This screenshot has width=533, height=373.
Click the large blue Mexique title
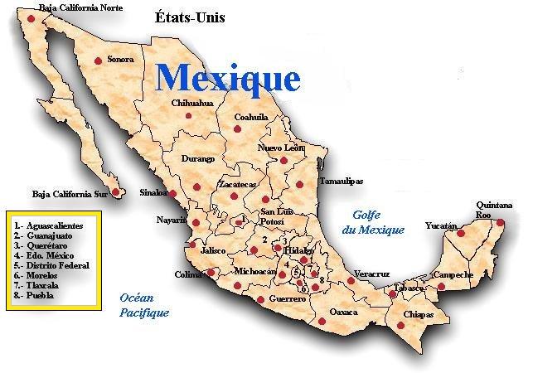click(x=228, y=78)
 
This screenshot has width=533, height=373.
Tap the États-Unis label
click(x=190, y=17)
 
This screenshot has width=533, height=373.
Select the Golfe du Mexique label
click(x=373, y=222)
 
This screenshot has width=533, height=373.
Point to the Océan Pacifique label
click(x=143, y=305)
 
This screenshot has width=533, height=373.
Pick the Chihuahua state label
click(x=192, y=103)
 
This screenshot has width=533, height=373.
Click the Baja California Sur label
click(x=70, y=194)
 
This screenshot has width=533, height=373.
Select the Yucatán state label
click(x=441, y=225)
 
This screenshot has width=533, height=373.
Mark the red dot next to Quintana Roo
click(x=500, y=222)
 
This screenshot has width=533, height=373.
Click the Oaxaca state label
click(x=343, y=312)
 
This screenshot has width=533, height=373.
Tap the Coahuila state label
click(x=250, y=117)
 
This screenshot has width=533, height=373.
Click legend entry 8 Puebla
click(x=37, y=294)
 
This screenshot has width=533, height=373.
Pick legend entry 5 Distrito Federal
click(x=51, y=265)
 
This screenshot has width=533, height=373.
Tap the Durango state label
click(x=198, y=158)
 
